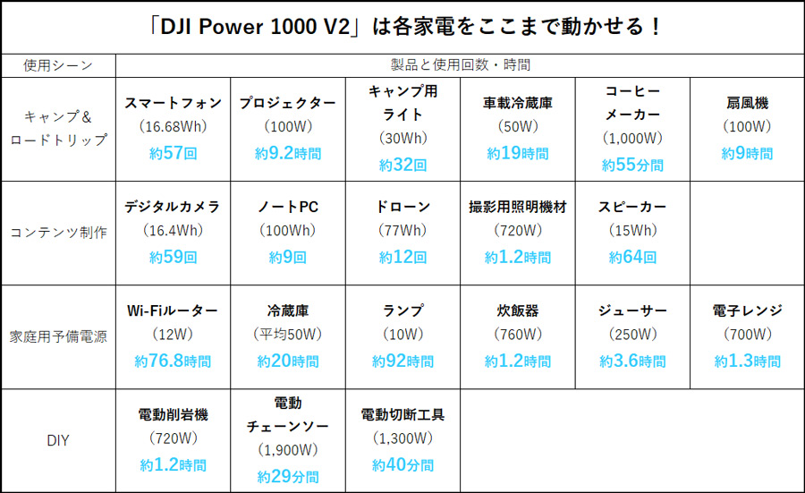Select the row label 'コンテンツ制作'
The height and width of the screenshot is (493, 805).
click(x=58, y=233)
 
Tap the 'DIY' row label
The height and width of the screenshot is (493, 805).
click(x=58, y=440)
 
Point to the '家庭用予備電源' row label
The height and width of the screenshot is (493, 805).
click(x=58, y=336)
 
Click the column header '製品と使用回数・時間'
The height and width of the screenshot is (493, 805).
click(x=460, y=65)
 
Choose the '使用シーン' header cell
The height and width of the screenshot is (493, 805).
click(x=58, y=65)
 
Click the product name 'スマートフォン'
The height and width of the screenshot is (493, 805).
click(x=173, y=103)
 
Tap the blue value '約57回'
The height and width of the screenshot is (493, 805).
click(x=173, y=153)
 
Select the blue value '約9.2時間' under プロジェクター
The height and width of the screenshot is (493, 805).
click(x=287, y=153)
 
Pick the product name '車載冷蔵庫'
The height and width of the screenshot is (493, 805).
click(x=517, y=103)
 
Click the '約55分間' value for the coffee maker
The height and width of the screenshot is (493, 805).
click(x=632, y=165)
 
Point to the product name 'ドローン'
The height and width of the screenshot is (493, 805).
click(x=402, y=207)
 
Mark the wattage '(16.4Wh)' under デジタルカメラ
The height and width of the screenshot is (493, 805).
click(x=173, y=231)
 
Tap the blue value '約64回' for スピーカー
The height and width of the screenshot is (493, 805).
click(x=632, y=257)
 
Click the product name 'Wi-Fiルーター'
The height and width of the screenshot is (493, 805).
click(x=173, y=310)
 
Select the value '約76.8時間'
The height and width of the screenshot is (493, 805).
click(x=173, y=361)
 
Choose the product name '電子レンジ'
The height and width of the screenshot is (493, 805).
click(x=747, y=310)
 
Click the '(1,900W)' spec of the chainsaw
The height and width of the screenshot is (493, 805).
click(x=287, y=450)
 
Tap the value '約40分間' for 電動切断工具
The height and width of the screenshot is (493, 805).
click(x=402, y=465)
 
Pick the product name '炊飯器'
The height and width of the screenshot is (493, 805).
click(x=517, y=310)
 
